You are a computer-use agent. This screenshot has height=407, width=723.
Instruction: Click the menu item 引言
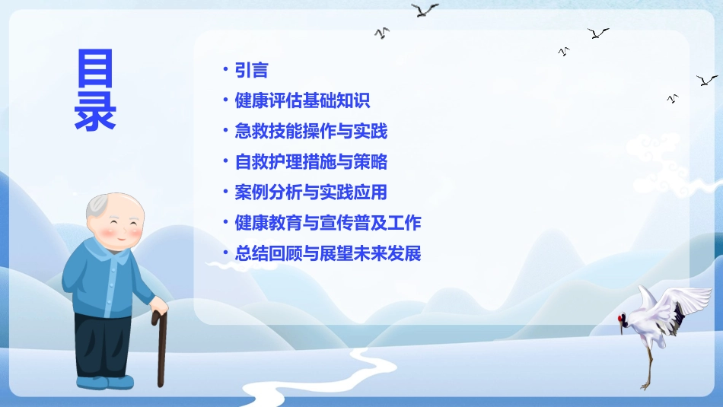251,71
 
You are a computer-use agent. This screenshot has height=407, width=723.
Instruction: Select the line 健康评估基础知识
302,101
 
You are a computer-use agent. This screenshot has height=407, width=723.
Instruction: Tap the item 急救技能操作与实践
311,132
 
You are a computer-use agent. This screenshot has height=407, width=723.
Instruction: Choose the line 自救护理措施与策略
311,162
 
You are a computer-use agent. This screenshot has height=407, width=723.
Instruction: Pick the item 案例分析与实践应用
311,192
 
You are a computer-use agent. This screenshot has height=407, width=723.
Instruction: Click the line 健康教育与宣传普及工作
327,223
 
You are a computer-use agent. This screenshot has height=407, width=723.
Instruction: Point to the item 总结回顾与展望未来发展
327,253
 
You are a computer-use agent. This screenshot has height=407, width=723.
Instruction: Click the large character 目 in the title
95,69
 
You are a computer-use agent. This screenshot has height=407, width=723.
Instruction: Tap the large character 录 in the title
95,112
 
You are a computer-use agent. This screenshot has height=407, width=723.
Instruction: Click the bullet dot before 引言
225,70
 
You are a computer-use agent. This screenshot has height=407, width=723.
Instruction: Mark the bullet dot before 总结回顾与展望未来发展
225,253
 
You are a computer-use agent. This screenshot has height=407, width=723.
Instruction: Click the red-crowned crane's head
623,318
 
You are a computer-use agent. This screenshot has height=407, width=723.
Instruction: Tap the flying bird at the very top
425,10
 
